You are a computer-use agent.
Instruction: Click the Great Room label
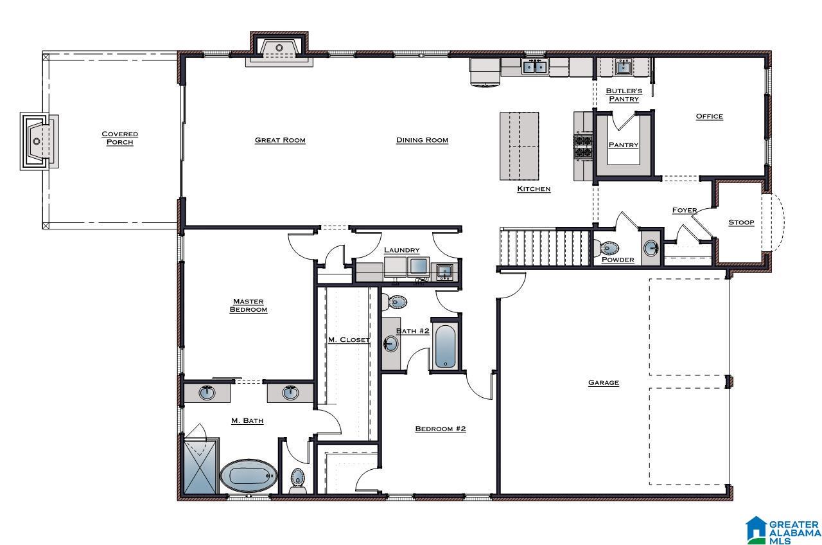point(280,140)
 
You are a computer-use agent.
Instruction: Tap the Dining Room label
point(422,140)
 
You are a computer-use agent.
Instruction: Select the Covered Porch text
point(119,138)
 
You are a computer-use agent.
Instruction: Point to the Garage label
point(603,382)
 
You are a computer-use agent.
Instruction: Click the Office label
point(710,116)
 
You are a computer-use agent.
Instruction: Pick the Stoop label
point(741,222)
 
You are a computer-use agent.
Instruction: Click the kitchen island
point(520,146)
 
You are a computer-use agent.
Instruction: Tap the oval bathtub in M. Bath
point(249,476)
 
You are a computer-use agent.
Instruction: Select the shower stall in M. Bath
point(201,466)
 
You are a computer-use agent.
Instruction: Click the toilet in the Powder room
point(606,248)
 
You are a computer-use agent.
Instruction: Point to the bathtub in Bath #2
point(445,346)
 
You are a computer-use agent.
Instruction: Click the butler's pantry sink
point(623,67)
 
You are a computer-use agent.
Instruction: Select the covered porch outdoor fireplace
point(39,141)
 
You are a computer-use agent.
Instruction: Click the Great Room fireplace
point(279,49)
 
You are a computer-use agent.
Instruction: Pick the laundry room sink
point(444,272)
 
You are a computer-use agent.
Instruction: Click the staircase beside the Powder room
point(545,247)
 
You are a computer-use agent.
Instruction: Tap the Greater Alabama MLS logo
point(783,530)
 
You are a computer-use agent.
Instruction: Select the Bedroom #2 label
point(441,429)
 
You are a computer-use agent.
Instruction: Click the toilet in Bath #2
point(394,302)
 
